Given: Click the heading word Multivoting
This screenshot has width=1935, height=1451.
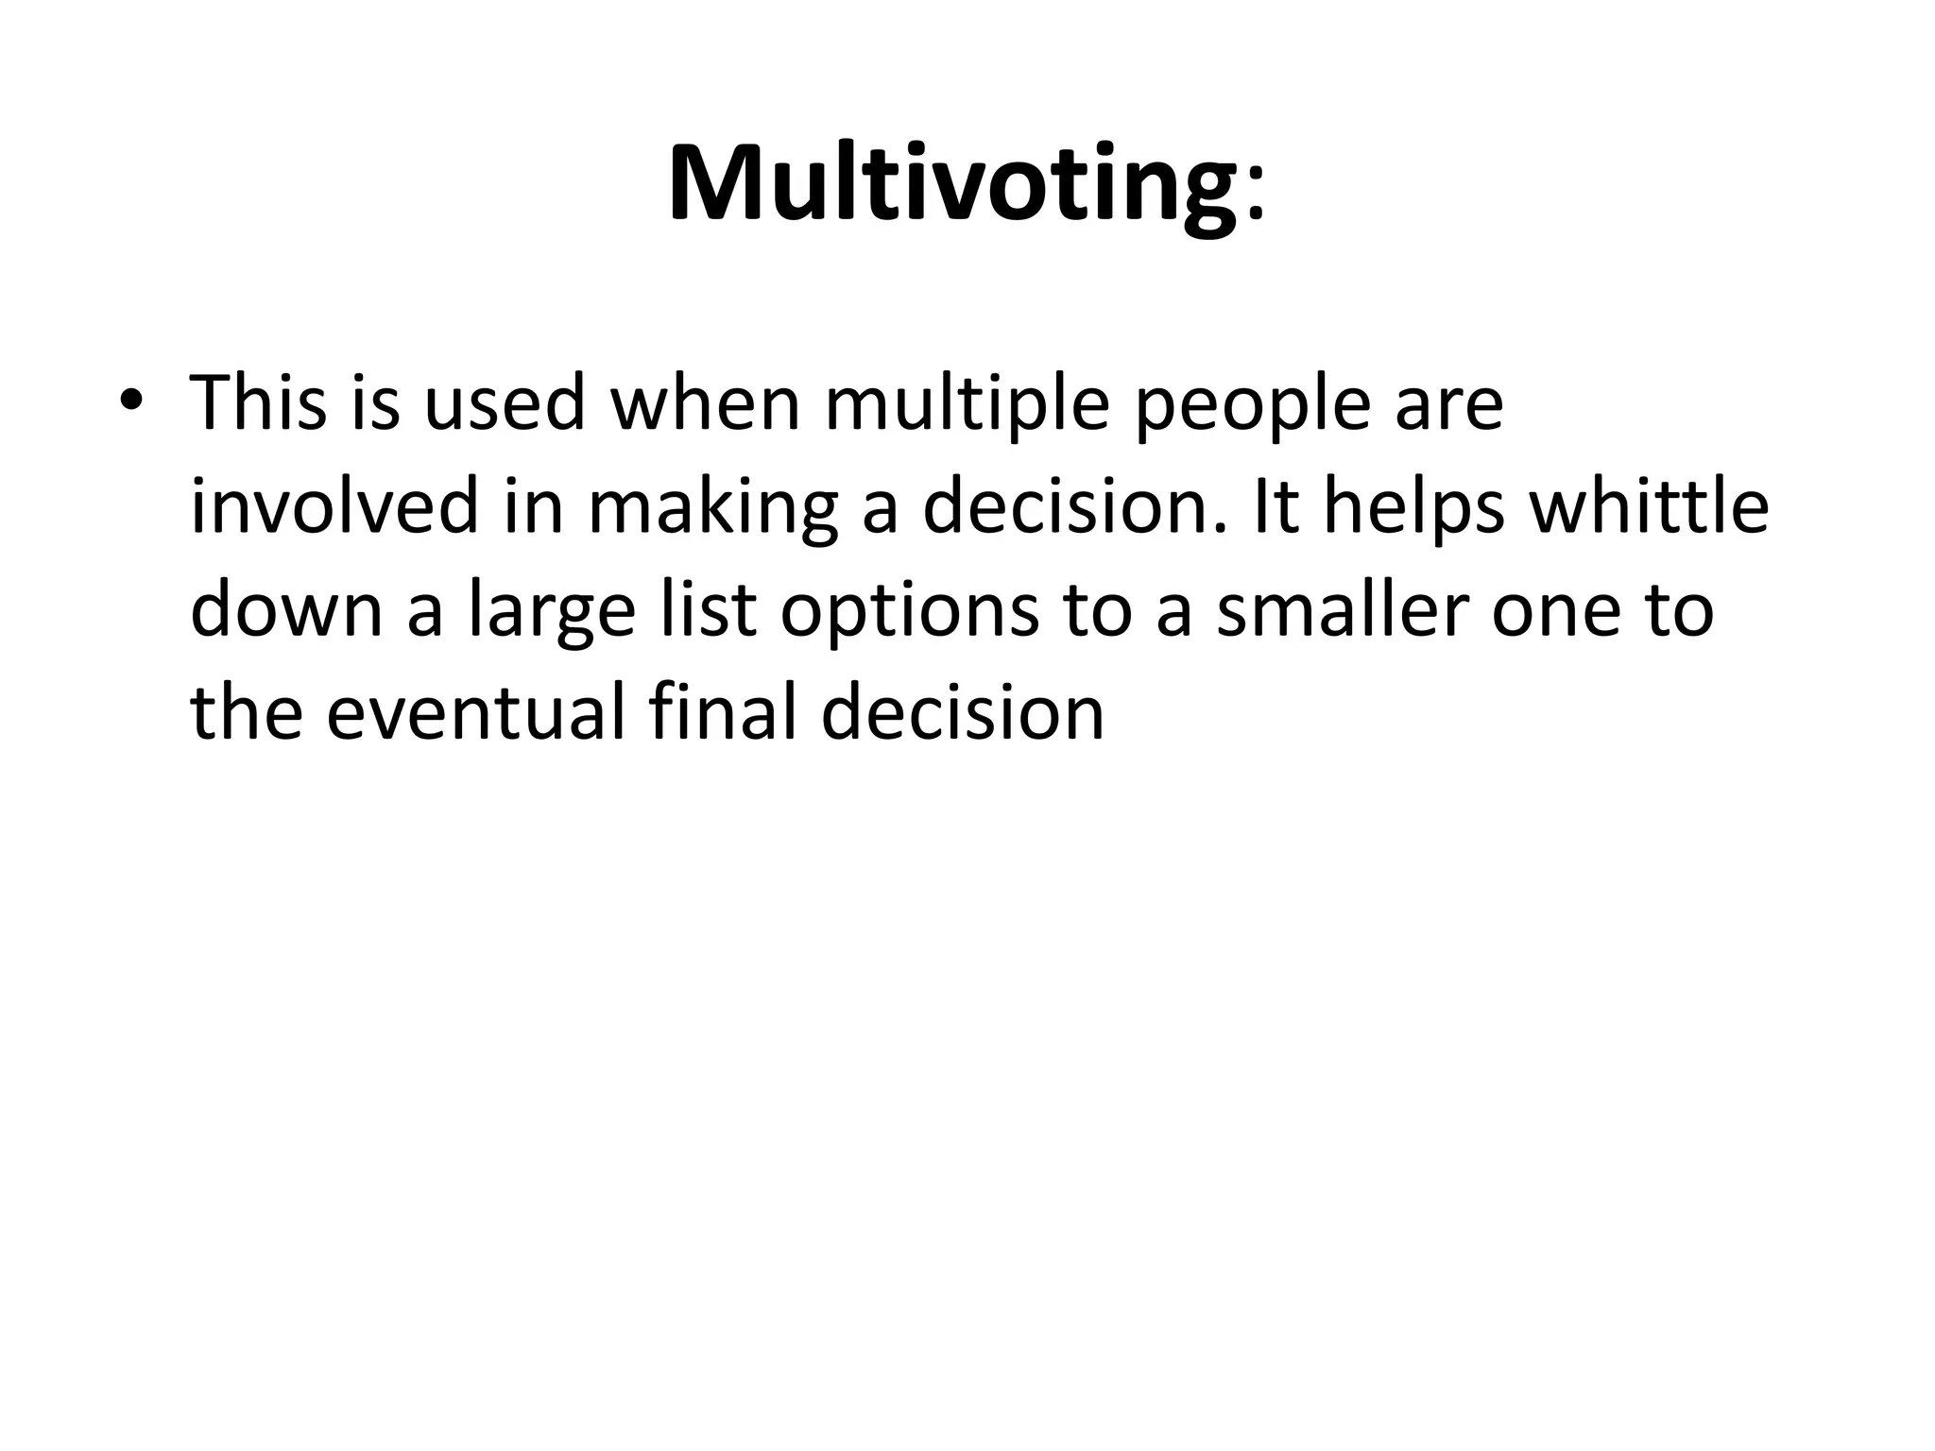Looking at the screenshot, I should click(x=952, y=184).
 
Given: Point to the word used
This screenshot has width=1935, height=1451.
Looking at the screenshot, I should click(x=504, y=402).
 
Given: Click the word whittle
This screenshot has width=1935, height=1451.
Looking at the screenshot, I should click(x=1649, y=507).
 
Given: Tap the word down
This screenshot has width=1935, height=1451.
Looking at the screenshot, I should click(x=287, y=610).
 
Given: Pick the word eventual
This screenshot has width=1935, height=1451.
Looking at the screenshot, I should click(x=475, y=712).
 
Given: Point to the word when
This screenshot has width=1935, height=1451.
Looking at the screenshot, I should click(x=706, y=402).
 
